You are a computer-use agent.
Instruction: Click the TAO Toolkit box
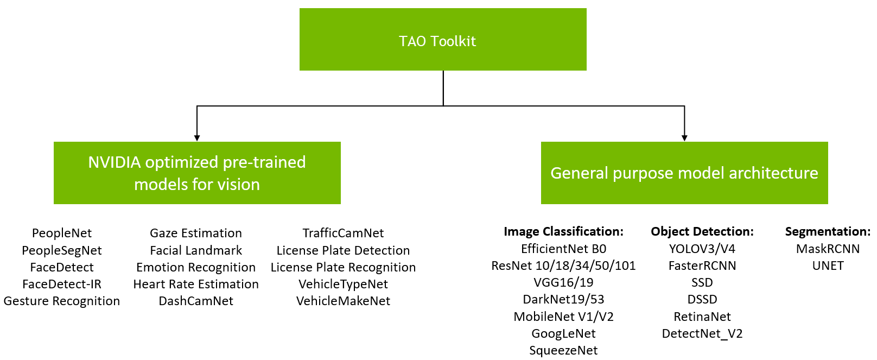click(442, 40)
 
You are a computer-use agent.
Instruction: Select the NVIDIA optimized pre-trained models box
click(197, 173)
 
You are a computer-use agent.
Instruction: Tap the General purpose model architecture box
click(684, 173)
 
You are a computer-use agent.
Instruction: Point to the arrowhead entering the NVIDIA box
click(197, 138)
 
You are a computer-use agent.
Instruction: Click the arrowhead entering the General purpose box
click(684, 138)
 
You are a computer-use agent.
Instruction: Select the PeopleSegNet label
click(62, 250)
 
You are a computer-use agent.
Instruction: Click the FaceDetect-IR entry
click(62, 284)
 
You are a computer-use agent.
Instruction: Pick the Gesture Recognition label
click(62, 301)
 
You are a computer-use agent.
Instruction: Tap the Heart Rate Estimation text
click(196, 284)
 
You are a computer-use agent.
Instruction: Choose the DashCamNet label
click(196, 301)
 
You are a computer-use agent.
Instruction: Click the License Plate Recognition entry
click(343, 267)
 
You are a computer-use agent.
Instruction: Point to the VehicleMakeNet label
click(343, 301)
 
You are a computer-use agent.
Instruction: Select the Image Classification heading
click(563, 231)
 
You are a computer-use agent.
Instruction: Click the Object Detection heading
click(702, 231)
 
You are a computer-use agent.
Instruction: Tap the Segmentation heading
click(827, 231)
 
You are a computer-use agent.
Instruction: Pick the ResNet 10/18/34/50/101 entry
click(563, 266)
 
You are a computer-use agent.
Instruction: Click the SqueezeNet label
click(563, 350)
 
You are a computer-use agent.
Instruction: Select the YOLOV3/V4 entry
click(702, 249)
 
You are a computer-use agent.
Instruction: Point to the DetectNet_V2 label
click(702, 333)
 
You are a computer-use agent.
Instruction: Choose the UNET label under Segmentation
click(828, 266)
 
